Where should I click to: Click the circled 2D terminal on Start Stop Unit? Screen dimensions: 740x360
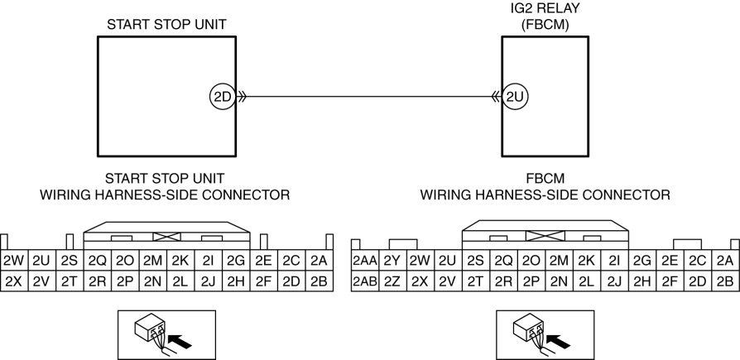(x=222, y=97)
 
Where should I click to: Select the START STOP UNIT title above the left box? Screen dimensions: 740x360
(x=166, y=25)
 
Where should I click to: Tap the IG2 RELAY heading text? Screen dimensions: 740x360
(x=545, y=9)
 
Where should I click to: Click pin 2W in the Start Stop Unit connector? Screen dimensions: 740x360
(x=14, y=260)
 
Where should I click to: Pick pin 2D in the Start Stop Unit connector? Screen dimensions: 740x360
(x=291, y=281)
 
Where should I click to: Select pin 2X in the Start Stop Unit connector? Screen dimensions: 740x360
(x=14, y=281)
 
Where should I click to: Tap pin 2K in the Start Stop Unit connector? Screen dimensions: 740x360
(x=180, y=260)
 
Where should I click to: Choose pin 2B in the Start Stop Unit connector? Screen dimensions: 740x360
(x=320, y=281)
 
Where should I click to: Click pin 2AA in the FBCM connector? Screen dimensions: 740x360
(x=365, y=260)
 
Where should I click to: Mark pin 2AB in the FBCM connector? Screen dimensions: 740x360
(x=365, y=281)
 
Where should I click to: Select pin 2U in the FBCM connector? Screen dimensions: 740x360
(x=449, y=260)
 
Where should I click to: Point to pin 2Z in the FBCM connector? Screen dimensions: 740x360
(x=392, y=281)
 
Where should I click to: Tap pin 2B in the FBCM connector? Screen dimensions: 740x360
(x=725, y=281)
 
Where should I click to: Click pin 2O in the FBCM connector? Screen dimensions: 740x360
(x=531, y=260)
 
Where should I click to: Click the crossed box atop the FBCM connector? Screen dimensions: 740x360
(x=545, y=236)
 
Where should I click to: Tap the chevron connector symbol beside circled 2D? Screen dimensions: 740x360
(x=241, y=97)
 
